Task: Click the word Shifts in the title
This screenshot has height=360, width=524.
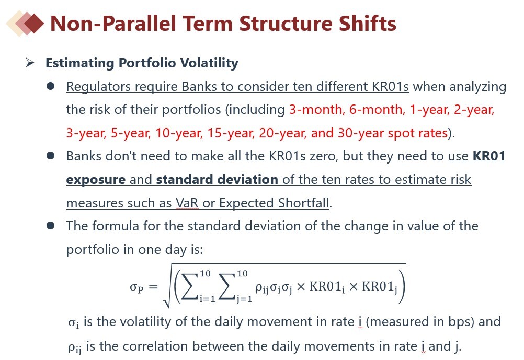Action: tap(367, 24)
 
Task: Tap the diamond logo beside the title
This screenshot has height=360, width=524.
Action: tap(26, 23)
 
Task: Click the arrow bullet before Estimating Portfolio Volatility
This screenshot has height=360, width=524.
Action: tap(30, 63)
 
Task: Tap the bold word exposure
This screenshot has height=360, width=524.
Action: tap(96, 180)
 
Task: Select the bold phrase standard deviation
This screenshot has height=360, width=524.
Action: tap(217, 180)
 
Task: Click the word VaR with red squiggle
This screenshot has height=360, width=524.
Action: tap(187, 203)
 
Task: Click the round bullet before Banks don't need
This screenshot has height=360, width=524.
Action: tap(50, 156)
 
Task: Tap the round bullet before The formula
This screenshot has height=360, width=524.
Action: tap(50, 226)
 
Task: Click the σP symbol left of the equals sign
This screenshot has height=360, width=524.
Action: tap(136, 287)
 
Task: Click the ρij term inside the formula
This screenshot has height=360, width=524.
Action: tap(262, 288)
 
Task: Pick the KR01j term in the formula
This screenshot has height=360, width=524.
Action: tap(380, 287)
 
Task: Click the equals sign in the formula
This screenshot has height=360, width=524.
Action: tap(153, 286)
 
